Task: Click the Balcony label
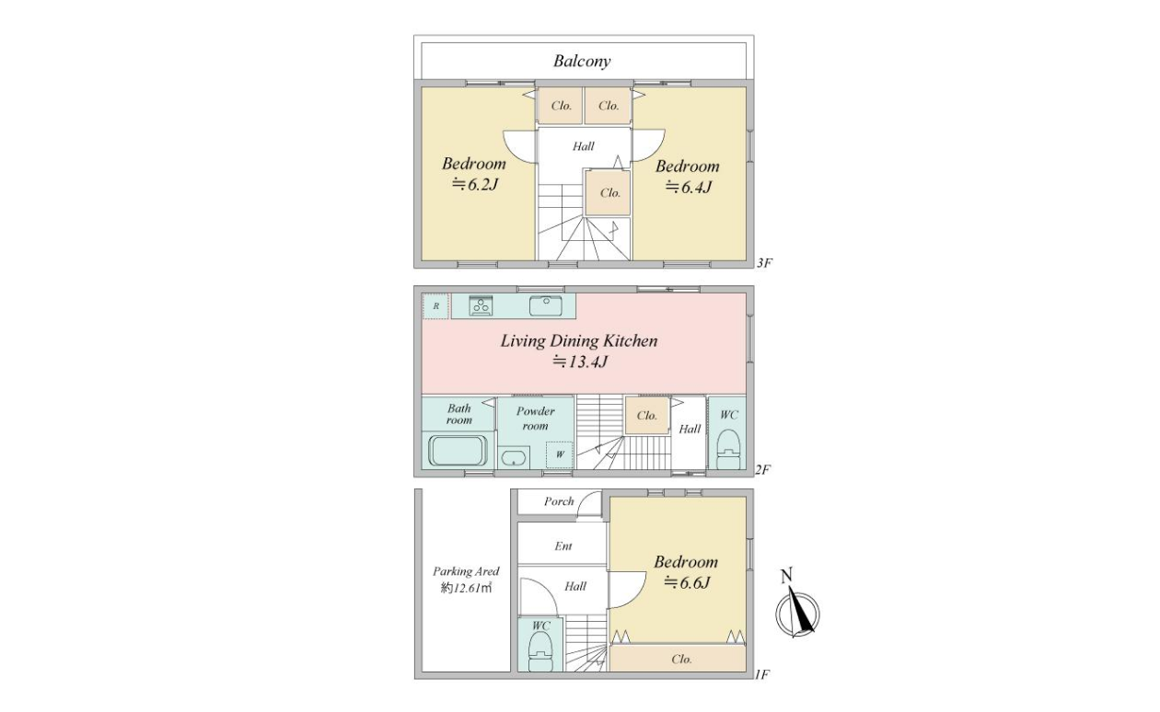click(x=582, y=61)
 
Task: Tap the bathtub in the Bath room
click(x=458, y=450)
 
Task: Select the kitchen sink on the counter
click(x=546, y=305)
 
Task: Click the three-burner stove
click(x=481, y=305)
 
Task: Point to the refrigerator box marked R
click(x=435, y=306)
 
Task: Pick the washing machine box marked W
click(x=560, y=454)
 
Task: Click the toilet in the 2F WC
click(x=728, y=449)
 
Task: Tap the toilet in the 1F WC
click(x=540, y=652)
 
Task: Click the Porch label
click(x=559, y=501)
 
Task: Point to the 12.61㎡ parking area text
click(x=466, y=589)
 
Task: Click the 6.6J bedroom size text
click(x=687, y=583)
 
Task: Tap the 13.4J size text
click(x=579, y=362)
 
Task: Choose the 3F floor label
click(x=764, y=263)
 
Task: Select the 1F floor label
click(x=762, y=675)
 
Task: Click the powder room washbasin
click(x=513, y=458)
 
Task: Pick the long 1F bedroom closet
click(x=678, y=659)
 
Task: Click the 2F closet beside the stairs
click(x=647, y=415)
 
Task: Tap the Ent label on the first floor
click(x=563, y=545)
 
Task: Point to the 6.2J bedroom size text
click(x=475, y=184)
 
